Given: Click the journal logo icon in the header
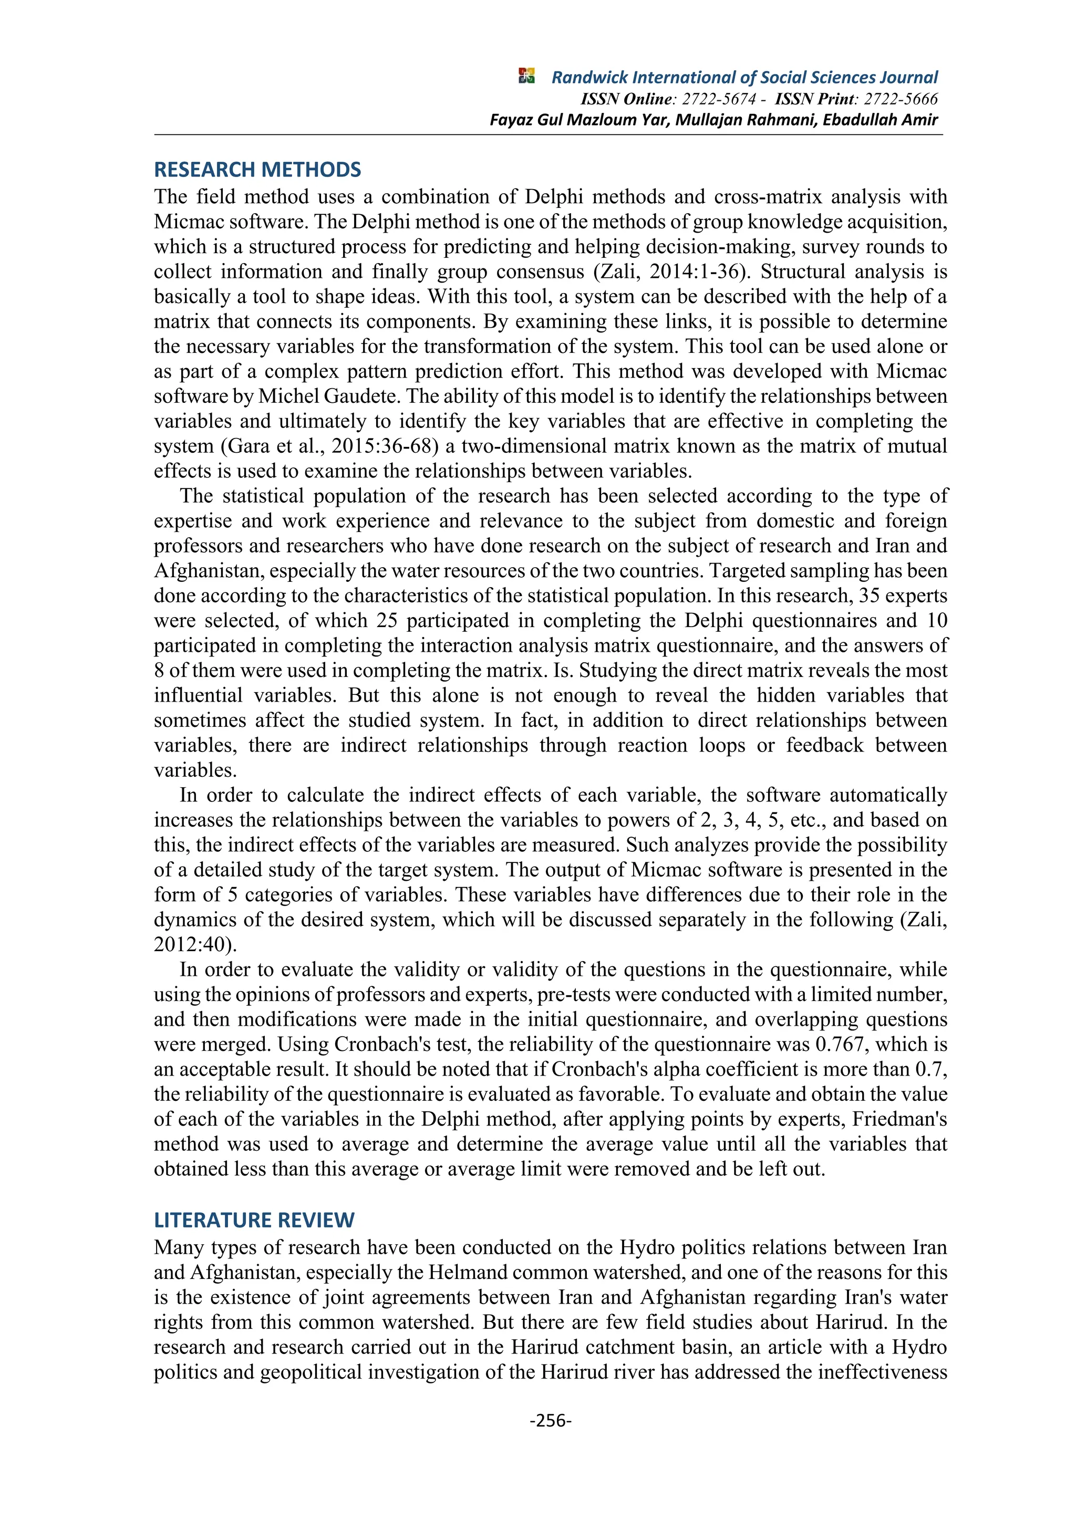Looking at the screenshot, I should pos(527,76).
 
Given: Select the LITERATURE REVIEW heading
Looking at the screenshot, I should pos(254,1220).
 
